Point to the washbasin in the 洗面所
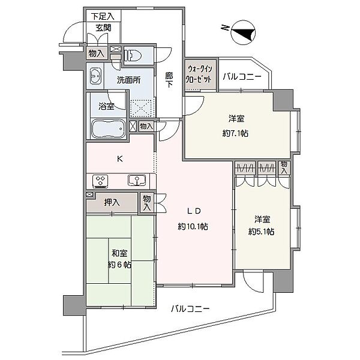(95, 76)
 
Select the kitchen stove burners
(100, 181)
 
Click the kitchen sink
(134, 181)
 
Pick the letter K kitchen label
(119, 159)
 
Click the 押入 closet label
(112, 202)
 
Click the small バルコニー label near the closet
(242, 77)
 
